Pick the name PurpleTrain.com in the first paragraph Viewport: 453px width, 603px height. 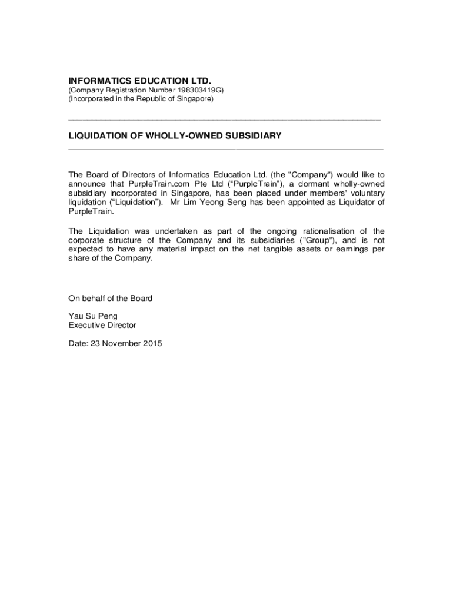pos(156,184)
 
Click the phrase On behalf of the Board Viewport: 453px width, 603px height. pos(111,299)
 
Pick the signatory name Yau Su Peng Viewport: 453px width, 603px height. pos(93,316)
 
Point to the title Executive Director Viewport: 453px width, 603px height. pos(102,325)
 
